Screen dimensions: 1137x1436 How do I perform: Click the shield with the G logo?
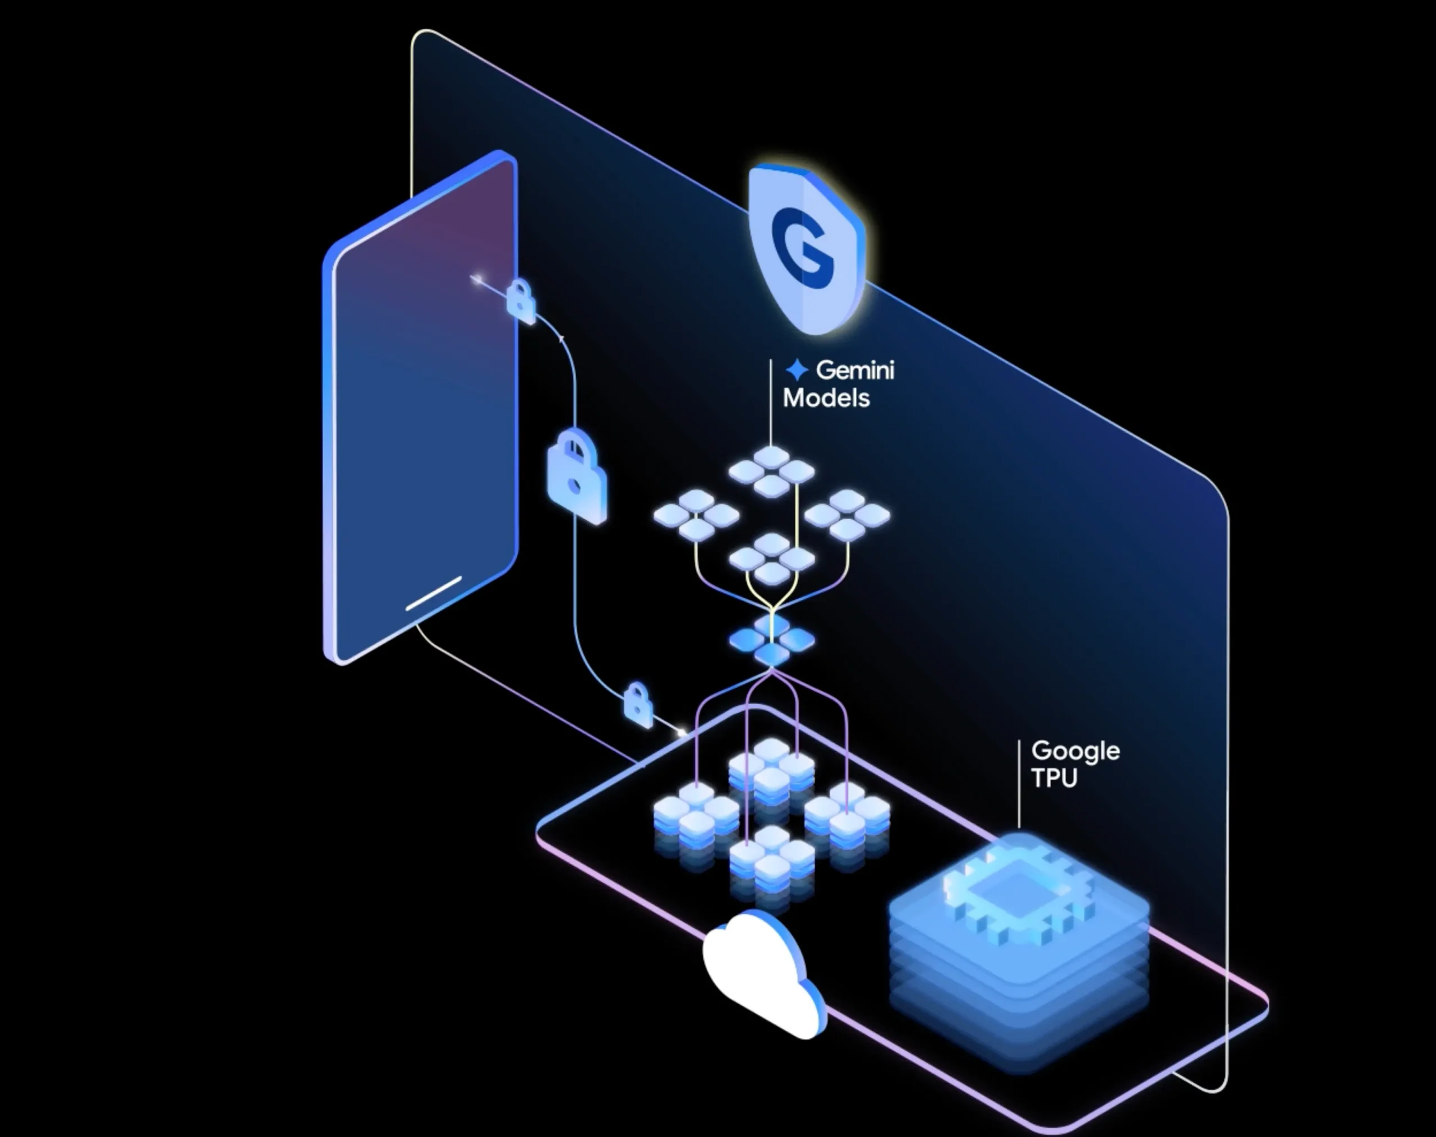coord(807,249)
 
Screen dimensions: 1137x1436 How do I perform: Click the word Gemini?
coord(855,369)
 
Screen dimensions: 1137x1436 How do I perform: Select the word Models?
coord(826,398)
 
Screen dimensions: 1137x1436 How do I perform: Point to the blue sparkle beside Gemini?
coord(797,369)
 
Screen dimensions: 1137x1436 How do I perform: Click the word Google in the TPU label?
coord(1075,751)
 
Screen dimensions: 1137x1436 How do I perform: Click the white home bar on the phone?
coord(433,593)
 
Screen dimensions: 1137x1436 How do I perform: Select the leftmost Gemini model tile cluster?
coord(696,515)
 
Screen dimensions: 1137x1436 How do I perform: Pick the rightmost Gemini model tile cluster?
coord(846,515)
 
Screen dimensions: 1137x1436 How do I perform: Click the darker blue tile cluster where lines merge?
coord(771,640)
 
